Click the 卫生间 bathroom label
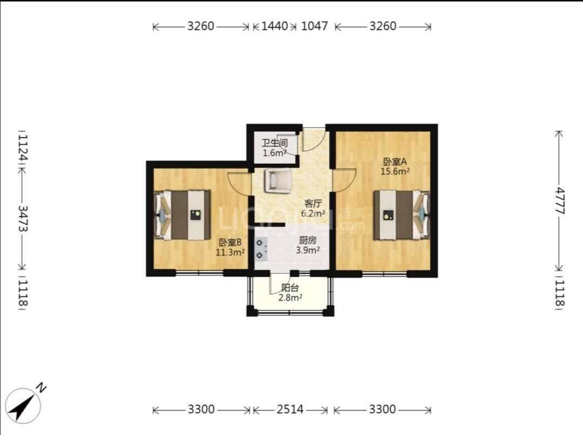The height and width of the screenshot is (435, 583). pos(275,143)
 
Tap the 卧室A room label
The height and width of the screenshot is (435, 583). pos(395,162)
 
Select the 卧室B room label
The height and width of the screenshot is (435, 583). pos(230,243)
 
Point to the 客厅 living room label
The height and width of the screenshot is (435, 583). pos(313,204)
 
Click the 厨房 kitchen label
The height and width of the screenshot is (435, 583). pos(308,241)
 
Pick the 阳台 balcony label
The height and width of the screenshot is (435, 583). pos(290,287)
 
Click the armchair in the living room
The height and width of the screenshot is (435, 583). pos(278,181)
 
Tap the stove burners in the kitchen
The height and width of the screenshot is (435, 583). pos(260,249)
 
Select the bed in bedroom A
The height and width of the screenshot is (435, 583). pos(402,215)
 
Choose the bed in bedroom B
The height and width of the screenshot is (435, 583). pos(182,215)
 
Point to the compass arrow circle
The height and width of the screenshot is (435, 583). pos(23,406)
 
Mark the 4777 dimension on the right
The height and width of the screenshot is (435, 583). pos(559,201)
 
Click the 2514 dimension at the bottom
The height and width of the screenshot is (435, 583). pos(290,410)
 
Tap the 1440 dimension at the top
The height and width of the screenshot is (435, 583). pos(275,26)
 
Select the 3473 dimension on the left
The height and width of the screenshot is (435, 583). pos(23,218)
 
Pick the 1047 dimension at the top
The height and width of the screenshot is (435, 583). pos(315,26)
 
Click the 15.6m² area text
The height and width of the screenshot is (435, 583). pos(395,171)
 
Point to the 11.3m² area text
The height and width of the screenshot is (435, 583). pos(230,252)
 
